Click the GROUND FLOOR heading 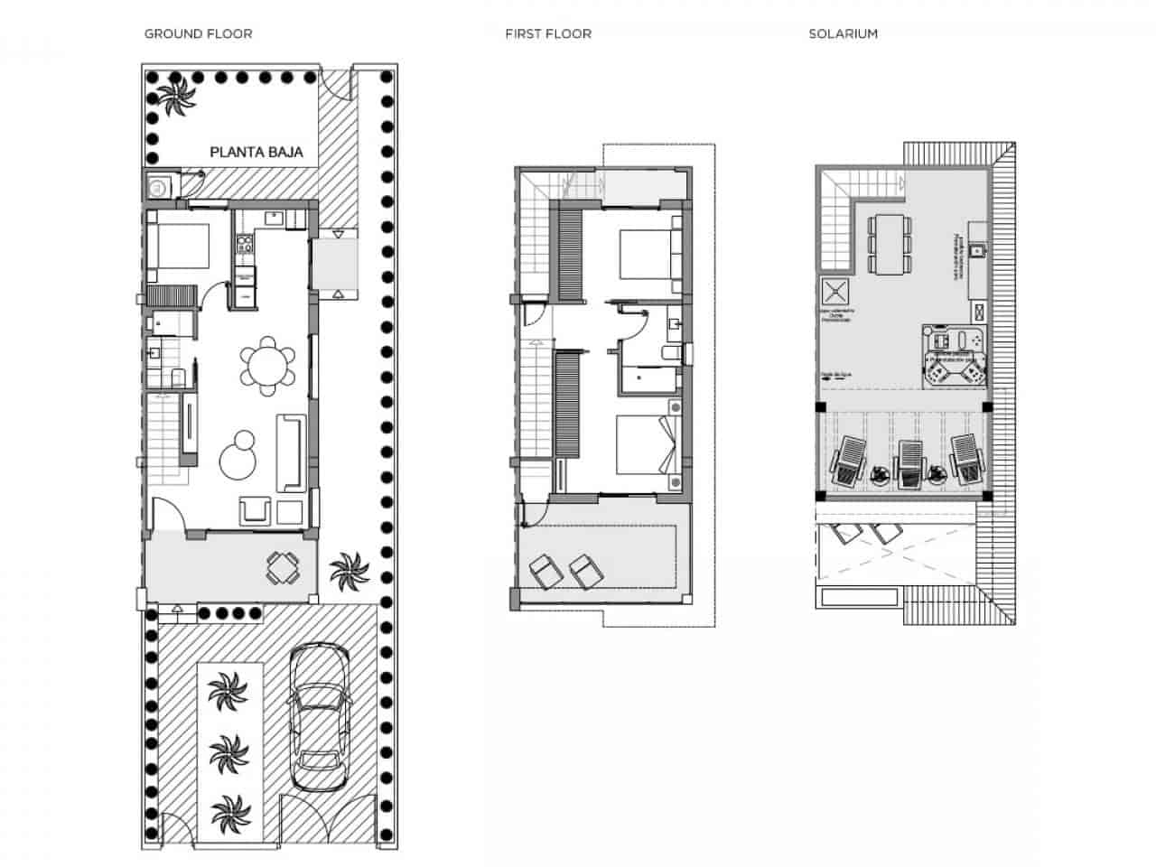point(198,33)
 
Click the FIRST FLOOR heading point(548,33)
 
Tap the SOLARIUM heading point(843,33)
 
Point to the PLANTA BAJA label point(256,153)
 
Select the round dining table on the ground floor point(268,366)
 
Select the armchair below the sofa point(256,511)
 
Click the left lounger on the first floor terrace point(544,572)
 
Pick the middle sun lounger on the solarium point(910,461)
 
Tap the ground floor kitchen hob point(244,243)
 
